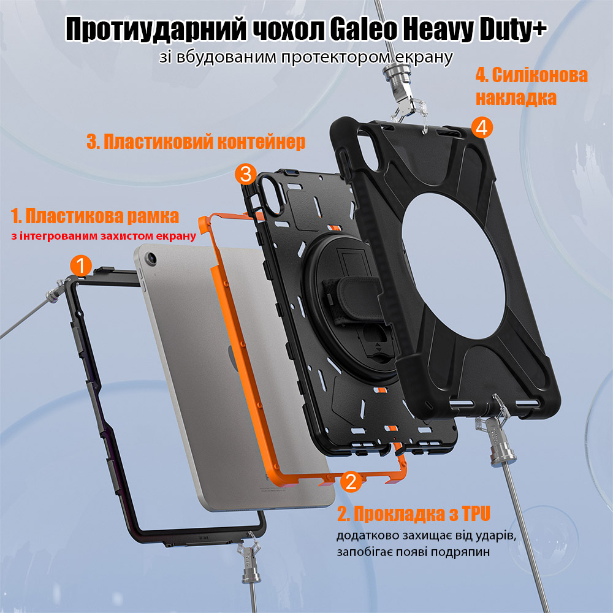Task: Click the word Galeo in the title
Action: point(363,29)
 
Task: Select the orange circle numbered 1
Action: point(81,266)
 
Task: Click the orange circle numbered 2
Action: point(351,481)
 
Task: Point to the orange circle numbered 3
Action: point(246,174)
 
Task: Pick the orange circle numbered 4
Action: point(482,128)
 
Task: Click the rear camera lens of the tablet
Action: point(151,257)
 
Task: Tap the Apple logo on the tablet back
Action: point(234,358)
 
